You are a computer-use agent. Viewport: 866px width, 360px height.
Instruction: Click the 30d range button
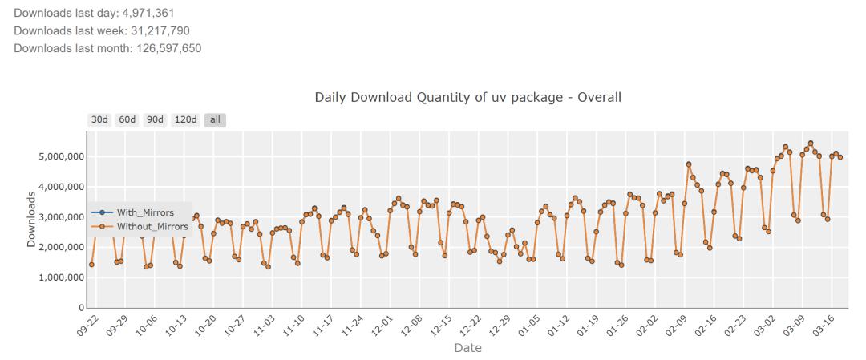click(99, 120)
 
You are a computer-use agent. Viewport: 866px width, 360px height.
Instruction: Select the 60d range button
click(127, 120)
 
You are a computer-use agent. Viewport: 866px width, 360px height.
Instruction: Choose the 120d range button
click(186, 120)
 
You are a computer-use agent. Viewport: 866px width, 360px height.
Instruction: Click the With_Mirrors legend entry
click(145, 212)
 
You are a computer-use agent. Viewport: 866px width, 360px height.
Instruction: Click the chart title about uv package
click(467, 97)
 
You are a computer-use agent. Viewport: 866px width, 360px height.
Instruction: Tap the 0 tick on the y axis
click(82, 308)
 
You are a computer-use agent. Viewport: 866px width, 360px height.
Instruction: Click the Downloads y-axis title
click(31, 220)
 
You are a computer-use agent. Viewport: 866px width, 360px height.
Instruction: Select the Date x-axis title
click(467, 348)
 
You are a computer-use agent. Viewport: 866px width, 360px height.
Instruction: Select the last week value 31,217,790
click(160, 31)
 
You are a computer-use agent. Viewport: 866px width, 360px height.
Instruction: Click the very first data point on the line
click(91, 265)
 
